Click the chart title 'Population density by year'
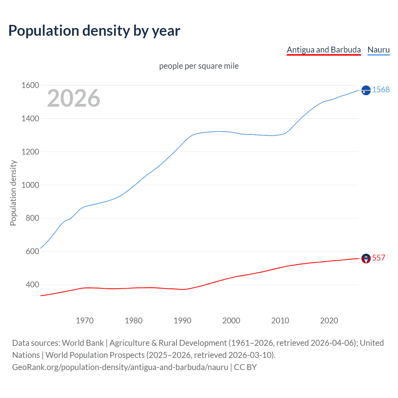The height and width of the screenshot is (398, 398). tap(94, 31)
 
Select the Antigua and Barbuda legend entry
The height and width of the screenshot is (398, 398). tap(323, 50)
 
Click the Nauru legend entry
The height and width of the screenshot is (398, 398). tap(378, 50)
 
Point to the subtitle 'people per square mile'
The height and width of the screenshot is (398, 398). tap(199, 66)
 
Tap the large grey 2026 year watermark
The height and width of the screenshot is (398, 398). tap(74, 98)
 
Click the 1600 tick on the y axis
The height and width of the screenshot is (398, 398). tap(30, 85)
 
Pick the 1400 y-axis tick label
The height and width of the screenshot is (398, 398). tap(30, 118)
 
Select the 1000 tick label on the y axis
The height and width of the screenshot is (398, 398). tap(30, 185)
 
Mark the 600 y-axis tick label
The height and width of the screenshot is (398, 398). tap(32, 251)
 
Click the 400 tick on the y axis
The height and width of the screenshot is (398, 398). tap(32, 285)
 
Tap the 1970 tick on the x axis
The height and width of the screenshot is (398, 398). tap(85, 321)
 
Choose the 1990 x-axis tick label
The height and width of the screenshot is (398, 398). tap(183, 321)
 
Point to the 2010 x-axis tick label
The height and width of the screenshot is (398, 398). tap(280, 321)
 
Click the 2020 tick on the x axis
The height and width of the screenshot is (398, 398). tap(329, 321)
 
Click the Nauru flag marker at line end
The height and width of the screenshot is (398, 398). tap(366, 90)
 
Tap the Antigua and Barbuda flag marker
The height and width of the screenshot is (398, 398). tap(366, 258)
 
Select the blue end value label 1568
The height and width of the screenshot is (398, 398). tap(381, 90)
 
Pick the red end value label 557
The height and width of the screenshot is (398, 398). tap(378, 258)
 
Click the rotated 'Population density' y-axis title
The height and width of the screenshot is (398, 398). tap(13, 193)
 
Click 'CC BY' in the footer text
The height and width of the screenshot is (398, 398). tap(245, 367)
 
